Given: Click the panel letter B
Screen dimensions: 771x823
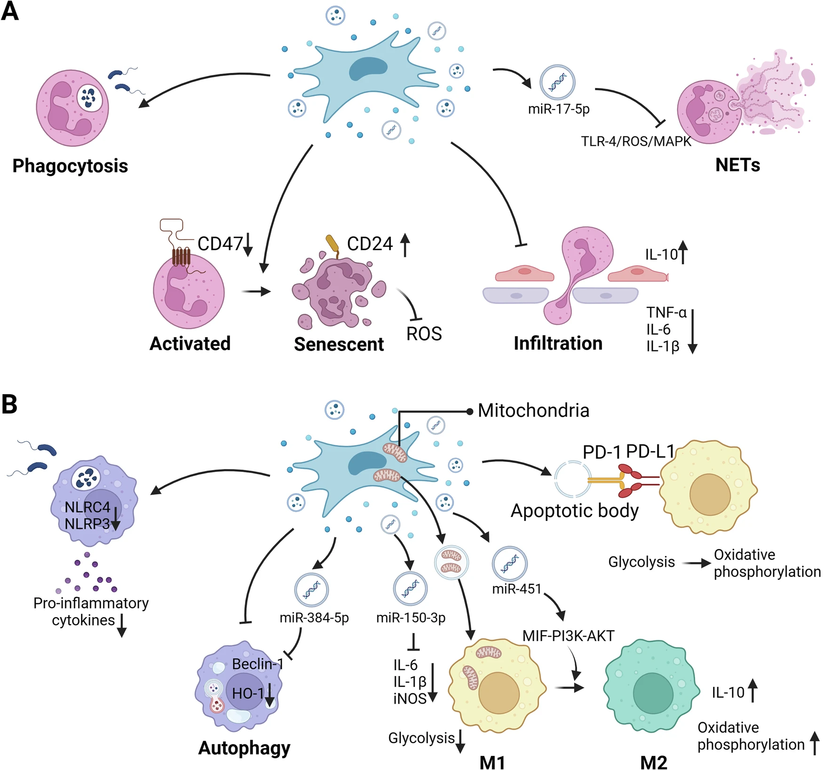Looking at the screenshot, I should (x=9, y=404).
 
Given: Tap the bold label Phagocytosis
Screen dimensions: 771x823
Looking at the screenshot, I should (x=70, y=166).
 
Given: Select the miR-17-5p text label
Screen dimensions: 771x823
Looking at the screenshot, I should (x=559, y=109).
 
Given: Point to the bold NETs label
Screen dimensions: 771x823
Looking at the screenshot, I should (x=737, y=165).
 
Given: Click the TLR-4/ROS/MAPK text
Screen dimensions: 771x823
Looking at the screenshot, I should (x=636, y=141).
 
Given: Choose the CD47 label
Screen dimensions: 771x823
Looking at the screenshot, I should (x=220, y=244).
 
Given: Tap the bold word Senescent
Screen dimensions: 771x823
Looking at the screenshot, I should (x=339, y=344).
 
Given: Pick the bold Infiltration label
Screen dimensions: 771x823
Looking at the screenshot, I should (x=558, y=343).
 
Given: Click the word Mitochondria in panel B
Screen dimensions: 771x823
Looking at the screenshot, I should (x=533, y=411).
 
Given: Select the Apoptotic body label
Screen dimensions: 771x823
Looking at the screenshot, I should (x=575, y=511).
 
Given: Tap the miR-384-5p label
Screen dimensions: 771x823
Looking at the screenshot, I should (x=314, y=618).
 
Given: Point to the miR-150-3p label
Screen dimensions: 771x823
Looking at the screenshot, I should (x=411, y=618).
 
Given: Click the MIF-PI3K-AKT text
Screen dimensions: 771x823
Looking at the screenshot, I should (x=568, y=636).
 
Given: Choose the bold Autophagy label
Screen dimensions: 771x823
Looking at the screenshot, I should (x=244, y=747).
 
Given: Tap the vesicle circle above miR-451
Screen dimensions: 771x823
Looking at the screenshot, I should (x=509, y=563).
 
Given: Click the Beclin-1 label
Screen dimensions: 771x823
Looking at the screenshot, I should (x=258, y=664).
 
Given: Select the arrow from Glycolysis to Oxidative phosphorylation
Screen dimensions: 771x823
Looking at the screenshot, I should (x=696, y=563).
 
